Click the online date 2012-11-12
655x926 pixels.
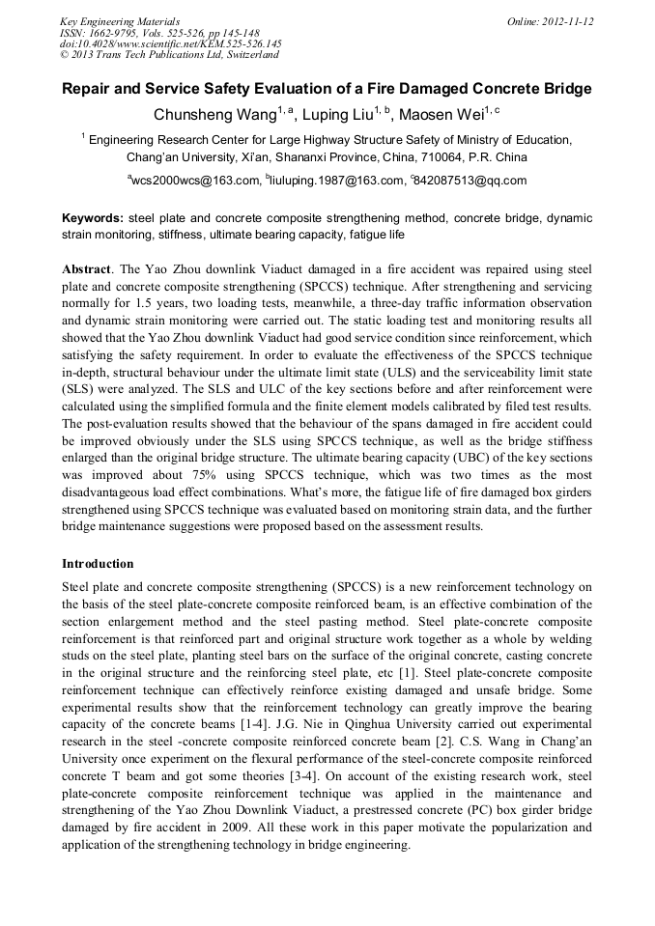(567, 21)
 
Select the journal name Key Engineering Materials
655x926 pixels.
(120, 21)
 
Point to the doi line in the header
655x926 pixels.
(170, 44)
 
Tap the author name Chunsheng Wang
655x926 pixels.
(209, 116)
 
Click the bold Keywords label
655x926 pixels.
(94, 219)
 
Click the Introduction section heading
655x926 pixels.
(98, 563)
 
